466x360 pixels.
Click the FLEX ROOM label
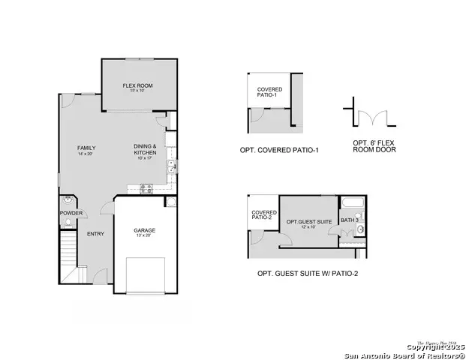click(x=137, y=86)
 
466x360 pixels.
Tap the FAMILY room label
click(x=86, y=148)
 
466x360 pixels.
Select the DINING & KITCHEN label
click(x=145, y=149)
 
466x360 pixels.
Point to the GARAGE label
click(x=144, y=230)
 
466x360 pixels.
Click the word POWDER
click(x=71, y=213)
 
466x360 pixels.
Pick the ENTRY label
click(x=95, y=234)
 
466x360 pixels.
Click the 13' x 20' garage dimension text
click(x=144, y=236)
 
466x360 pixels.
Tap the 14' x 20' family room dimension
click(x=86, y=154)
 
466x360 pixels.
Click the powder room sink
click(x=68, y=201)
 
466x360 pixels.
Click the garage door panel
click(x=144, y=274)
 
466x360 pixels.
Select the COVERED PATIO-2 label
click(x=263, y=214)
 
